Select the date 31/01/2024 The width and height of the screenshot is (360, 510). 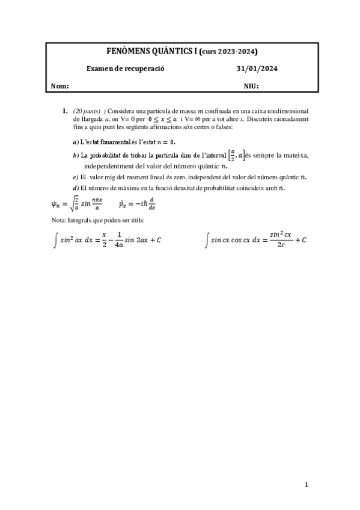pos(257,69)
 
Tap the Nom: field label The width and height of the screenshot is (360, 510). pos(60,86)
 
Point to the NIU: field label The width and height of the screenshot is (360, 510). pos(251,86)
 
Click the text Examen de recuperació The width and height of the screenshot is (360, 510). pos(125,69)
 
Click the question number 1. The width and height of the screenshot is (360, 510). pos(65,111)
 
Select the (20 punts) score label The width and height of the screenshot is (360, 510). pos(87,111)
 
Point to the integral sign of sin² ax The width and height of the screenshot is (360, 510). pos(56,240)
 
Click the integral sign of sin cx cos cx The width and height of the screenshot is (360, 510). pos(207,240)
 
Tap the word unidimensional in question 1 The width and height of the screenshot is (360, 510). pos(289,111)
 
